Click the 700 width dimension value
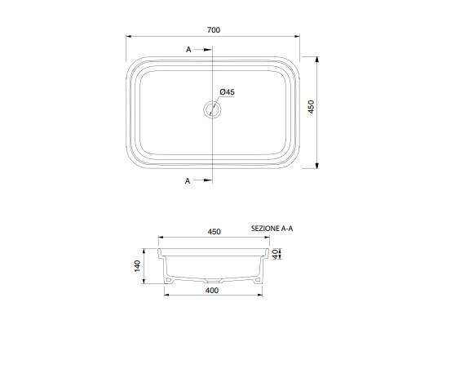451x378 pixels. pos(214,30)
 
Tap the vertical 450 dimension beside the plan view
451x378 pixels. pos(311,106)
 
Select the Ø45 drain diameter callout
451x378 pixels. pos(227,92)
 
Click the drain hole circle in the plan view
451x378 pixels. pos(212,109)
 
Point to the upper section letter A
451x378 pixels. pos(188,50)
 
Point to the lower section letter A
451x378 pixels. pos(188,181)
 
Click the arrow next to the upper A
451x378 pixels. pos(203,50)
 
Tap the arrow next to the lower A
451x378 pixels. pos(203,180)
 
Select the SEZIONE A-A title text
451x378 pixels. pos(272,229)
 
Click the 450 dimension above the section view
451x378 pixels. pos(214,232)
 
